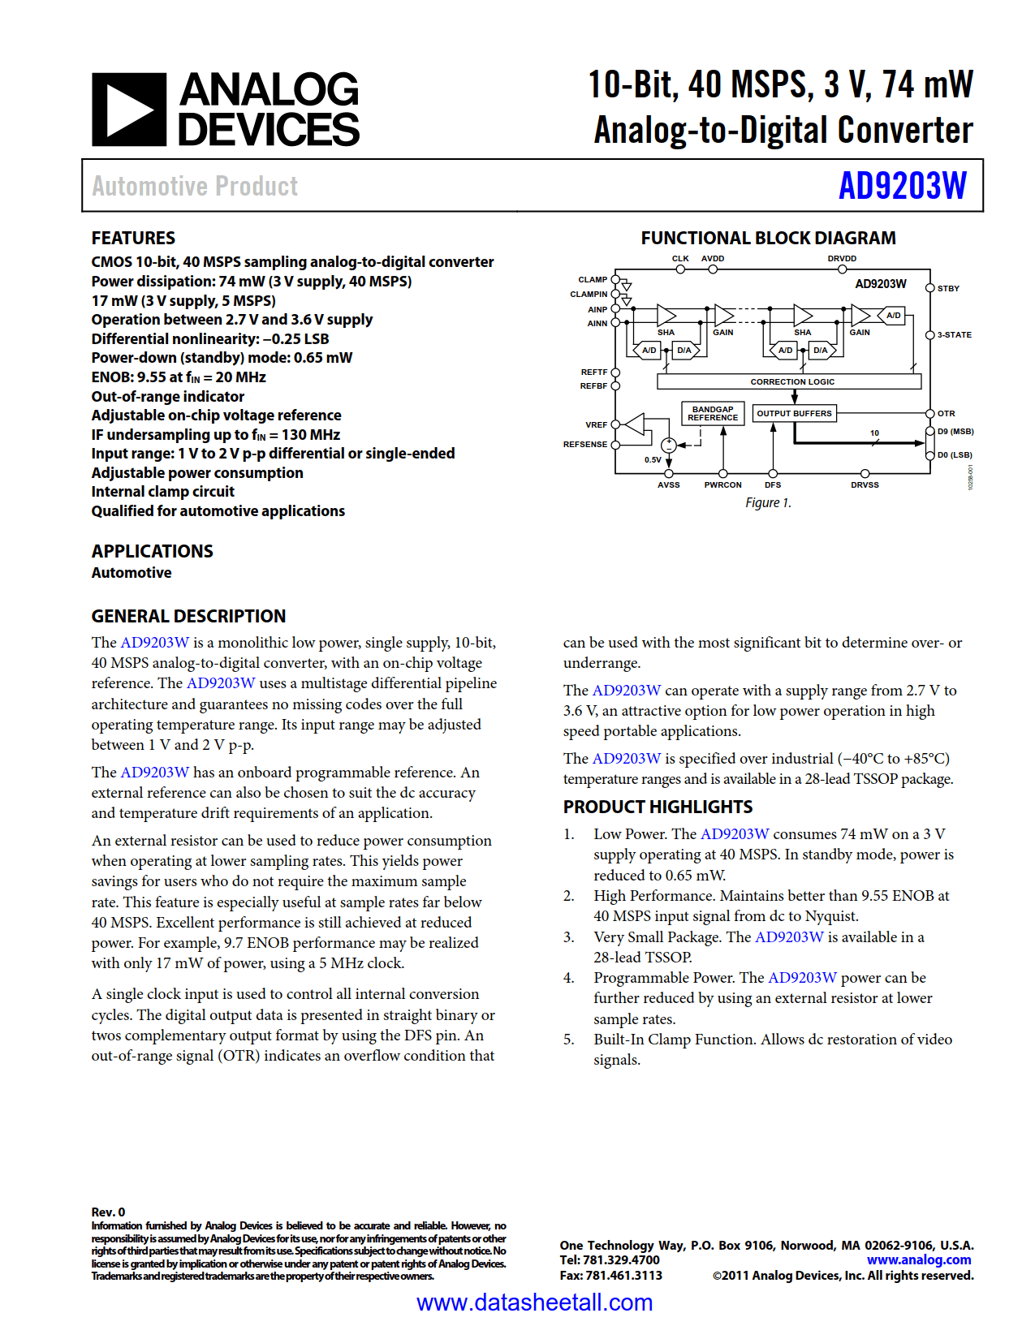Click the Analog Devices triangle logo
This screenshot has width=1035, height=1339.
click(129, 110)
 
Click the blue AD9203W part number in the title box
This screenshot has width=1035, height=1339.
click(902, 186)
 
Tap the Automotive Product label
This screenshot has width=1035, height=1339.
click(195, 187)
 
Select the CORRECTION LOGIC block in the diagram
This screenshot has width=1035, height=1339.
click(791, 381)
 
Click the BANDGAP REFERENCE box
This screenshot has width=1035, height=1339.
click(713, 414)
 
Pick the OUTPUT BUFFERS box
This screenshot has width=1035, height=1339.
click(794, 414)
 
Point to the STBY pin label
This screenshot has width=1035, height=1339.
click(948, 289)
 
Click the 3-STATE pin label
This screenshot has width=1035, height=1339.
click(954, 335)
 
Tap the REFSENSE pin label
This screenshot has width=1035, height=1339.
click(584, 445)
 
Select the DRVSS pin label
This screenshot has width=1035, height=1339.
click(865, 485)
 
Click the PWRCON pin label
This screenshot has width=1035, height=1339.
click(722, 485)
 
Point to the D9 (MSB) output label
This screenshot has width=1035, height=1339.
click(955, 432)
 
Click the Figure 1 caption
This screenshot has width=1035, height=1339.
click(768, 503)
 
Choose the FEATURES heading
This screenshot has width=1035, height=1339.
click(133, 239)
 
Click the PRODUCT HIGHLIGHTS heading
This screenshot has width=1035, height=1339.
click(658, 807)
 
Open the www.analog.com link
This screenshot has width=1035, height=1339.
click(919, 1260)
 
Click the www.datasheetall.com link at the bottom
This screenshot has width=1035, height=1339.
click(534, 1302)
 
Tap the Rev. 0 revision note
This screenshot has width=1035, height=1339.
click(108, 1212)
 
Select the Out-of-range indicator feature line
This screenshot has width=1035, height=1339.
click(167, 397)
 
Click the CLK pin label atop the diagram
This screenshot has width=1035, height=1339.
click(680, 259)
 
